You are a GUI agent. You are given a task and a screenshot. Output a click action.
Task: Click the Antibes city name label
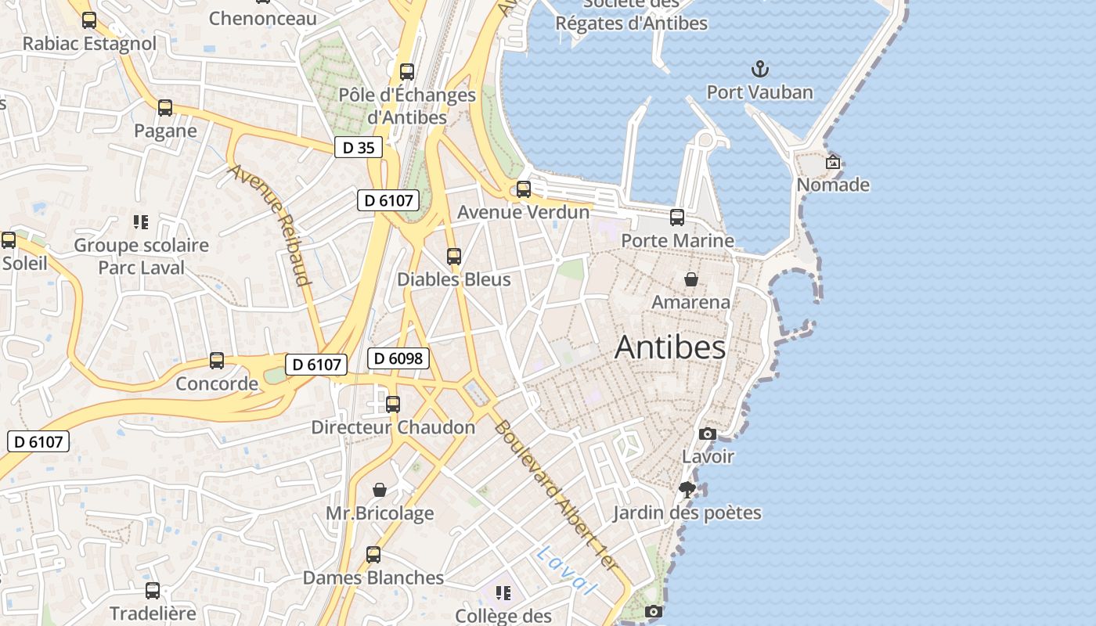(670, 347)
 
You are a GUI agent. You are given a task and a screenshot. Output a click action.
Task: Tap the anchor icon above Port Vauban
(759, 70)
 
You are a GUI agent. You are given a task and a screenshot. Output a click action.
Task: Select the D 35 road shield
(359, 147)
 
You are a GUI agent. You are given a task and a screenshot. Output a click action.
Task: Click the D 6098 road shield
(398, 358)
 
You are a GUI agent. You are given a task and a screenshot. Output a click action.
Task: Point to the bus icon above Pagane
(165, 108)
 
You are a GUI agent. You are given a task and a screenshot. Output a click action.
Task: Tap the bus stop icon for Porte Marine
(677, 218)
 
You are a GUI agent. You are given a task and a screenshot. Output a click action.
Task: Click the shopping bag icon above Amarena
(691, 279)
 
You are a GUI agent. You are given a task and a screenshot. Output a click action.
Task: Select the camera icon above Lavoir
(708, 434)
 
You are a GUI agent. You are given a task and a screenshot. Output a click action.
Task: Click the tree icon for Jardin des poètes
(687, 490)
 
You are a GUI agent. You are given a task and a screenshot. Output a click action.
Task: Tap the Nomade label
(833, 185)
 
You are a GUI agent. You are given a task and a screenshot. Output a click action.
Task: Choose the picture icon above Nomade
(833, 162)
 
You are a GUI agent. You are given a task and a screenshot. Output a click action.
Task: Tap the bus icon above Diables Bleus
(453, 256)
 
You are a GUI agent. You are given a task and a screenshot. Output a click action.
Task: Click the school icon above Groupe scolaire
(141, 222)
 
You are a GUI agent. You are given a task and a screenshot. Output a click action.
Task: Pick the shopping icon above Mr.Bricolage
(380, 490)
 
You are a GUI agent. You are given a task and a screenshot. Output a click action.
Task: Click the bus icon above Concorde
(217, 361)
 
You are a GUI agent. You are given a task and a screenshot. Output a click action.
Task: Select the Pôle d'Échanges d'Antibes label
(406, 106)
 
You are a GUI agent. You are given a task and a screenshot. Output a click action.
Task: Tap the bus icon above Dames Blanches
(373, 555)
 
